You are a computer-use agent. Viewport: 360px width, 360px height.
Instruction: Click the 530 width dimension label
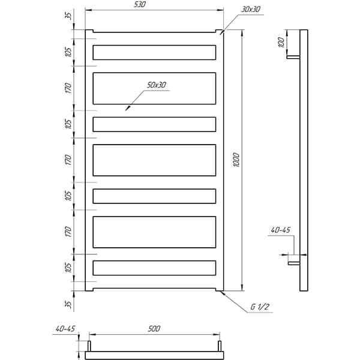(140, 5)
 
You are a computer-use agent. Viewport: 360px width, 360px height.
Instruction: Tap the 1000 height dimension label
(236, 160)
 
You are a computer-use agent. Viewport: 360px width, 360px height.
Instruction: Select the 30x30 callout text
(251, 10)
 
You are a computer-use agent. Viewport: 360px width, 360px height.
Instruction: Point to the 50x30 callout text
(157, 85)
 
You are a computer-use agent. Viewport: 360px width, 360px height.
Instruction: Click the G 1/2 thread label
(259, 307)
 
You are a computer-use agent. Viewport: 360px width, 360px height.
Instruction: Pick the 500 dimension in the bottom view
(154, 329)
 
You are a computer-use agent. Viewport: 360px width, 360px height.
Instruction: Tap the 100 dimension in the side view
(281, 43)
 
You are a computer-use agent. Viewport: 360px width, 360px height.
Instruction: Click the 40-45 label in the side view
(281, 230)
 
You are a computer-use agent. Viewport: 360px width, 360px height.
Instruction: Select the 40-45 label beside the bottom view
(65, 329)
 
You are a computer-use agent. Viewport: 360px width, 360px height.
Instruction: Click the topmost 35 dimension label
(68, 16)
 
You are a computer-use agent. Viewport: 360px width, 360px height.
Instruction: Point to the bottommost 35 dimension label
(68, 304)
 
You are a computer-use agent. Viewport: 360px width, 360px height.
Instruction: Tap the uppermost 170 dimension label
(68, 88)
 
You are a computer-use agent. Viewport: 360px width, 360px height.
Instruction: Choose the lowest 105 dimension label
(68, 268)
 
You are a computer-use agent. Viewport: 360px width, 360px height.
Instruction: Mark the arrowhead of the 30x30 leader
(221, 32)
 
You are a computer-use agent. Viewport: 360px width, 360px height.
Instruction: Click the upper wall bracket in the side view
(293, 57)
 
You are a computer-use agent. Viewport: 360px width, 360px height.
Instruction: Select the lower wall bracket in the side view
(294, 263)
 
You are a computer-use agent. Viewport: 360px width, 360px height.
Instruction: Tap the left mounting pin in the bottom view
(89, 346)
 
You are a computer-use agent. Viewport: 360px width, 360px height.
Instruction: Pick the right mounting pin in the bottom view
(220, 346)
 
